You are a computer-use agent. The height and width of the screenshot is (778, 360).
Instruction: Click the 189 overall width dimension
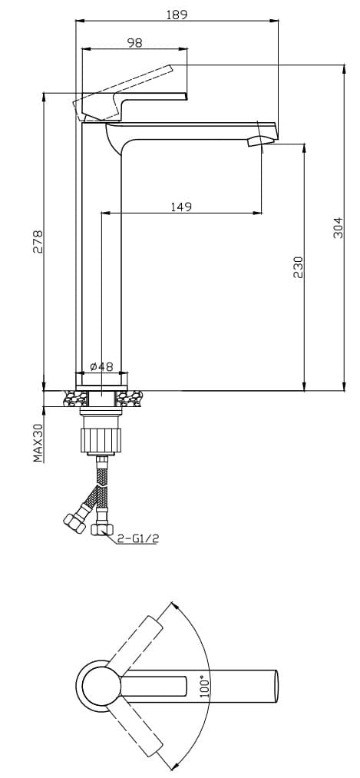pos(177,15)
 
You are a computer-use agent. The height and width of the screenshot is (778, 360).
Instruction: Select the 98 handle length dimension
pos(134,43)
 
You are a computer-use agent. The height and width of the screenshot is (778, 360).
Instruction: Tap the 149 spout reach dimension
pos(181,207)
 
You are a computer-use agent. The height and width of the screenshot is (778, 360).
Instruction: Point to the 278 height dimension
pos(38,242)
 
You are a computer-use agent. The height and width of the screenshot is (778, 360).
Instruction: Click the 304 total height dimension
pos(338,228)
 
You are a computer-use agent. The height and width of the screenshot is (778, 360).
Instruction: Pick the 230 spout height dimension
pos(298,267)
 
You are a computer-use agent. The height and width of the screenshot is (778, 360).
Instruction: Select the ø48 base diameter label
pos(101,366)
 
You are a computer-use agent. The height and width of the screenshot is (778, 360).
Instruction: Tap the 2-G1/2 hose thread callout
pos(139,538)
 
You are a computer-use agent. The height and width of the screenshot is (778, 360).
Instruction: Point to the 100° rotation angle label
pos(203,686)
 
